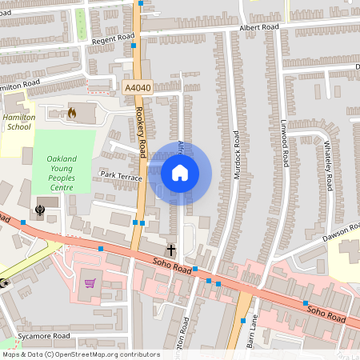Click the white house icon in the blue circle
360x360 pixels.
tap(180, 173)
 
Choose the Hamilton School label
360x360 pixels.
tap(18, 122)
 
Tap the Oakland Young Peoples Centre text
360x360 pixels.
tap(62, 173)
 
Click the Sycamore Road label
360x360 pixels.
tap(44, 336)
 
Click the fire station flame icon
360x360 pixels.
tap(73, 113)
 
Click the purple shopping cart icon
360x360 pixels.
tap(90, 282)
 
